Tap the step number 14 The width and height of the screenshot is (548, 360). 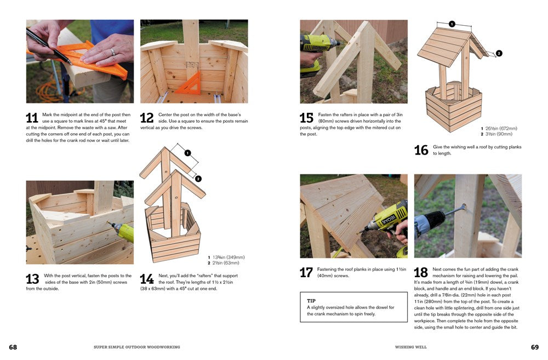(x=146, y=279)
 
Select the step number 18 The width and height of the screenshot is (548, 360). (x=421, y=272)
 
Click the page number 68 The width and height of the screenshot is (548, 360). (x=13, y=347)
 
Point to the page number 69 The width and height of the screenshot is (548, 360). (x=535, y=347)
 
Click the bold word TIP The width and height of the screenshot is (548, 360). (x=311, y=301)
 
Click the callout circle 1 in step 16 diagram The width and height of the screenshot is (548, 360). (x=452, y=24)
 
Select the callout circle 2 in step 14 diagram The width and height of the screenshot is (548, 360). (x=198, y=179)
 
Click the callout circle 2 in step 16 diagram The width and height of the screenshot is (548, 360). (x=498, y=53)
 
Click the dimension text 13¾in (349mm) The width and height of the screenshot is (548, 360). (x=226, y=257)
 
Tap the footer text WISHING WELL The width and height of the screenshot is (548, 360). (x=411, y=347)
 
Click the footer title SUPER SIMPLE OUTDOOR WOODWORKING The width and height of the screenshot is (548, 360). (x=137, y=347)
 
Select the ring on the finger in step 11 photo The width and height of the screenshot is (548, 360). (x=112, y=52)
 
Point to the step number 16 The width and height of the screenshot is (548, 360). (x=421, y=150)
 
